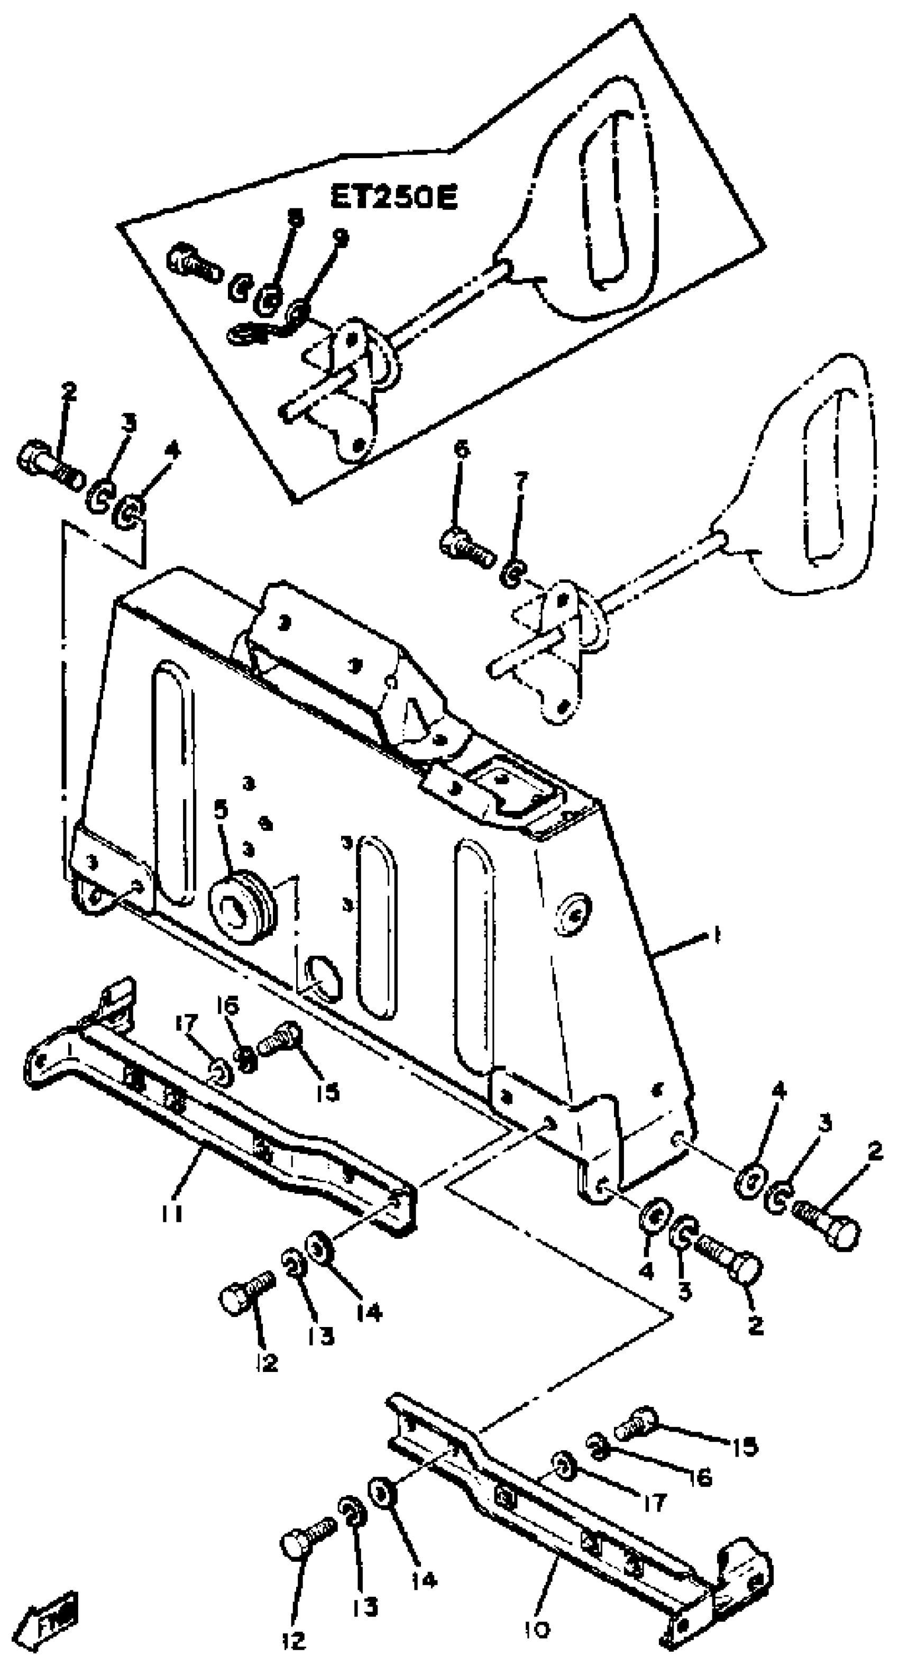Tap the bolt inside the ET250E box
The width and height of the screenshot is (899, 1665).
[x=192, y=264]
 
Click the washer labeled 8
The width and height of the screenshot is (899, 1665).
[x=268, y=299]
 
